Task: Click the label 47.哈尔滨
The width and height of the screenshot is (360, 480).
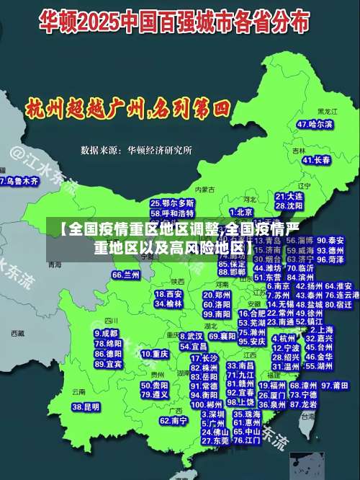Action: pos(315,124)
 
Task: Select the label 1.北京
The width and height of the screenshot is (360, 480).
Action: pos(242,212)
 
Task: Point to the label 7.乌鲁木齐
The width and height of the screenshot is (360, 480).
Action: pos(19,182)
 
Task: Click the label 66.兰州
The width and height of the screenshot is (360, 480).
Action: pos(126,275)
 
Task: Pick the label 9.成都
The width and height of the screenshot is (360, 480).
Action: pos(106,334)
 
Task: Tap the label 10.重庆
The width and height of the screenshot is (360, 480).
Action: pos(155,354)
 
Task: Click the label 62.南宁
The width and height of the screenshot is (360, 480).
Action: pos(174,419)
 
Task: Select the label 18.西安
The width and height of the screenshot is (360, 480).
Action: pos(168,294)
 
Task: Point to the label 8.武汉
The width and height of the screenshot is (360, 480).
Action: pos(191,336)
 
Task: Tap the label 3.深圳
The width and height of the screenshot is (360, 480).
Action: pos(212,414)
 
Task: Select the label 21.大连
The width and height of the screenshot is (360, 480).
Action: pos(289,195)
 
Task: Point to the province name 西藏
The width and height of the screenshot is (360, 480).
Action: pos(18,334)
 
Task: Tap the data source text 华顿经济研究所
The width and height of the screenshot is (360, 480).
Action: pos(159,150)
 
